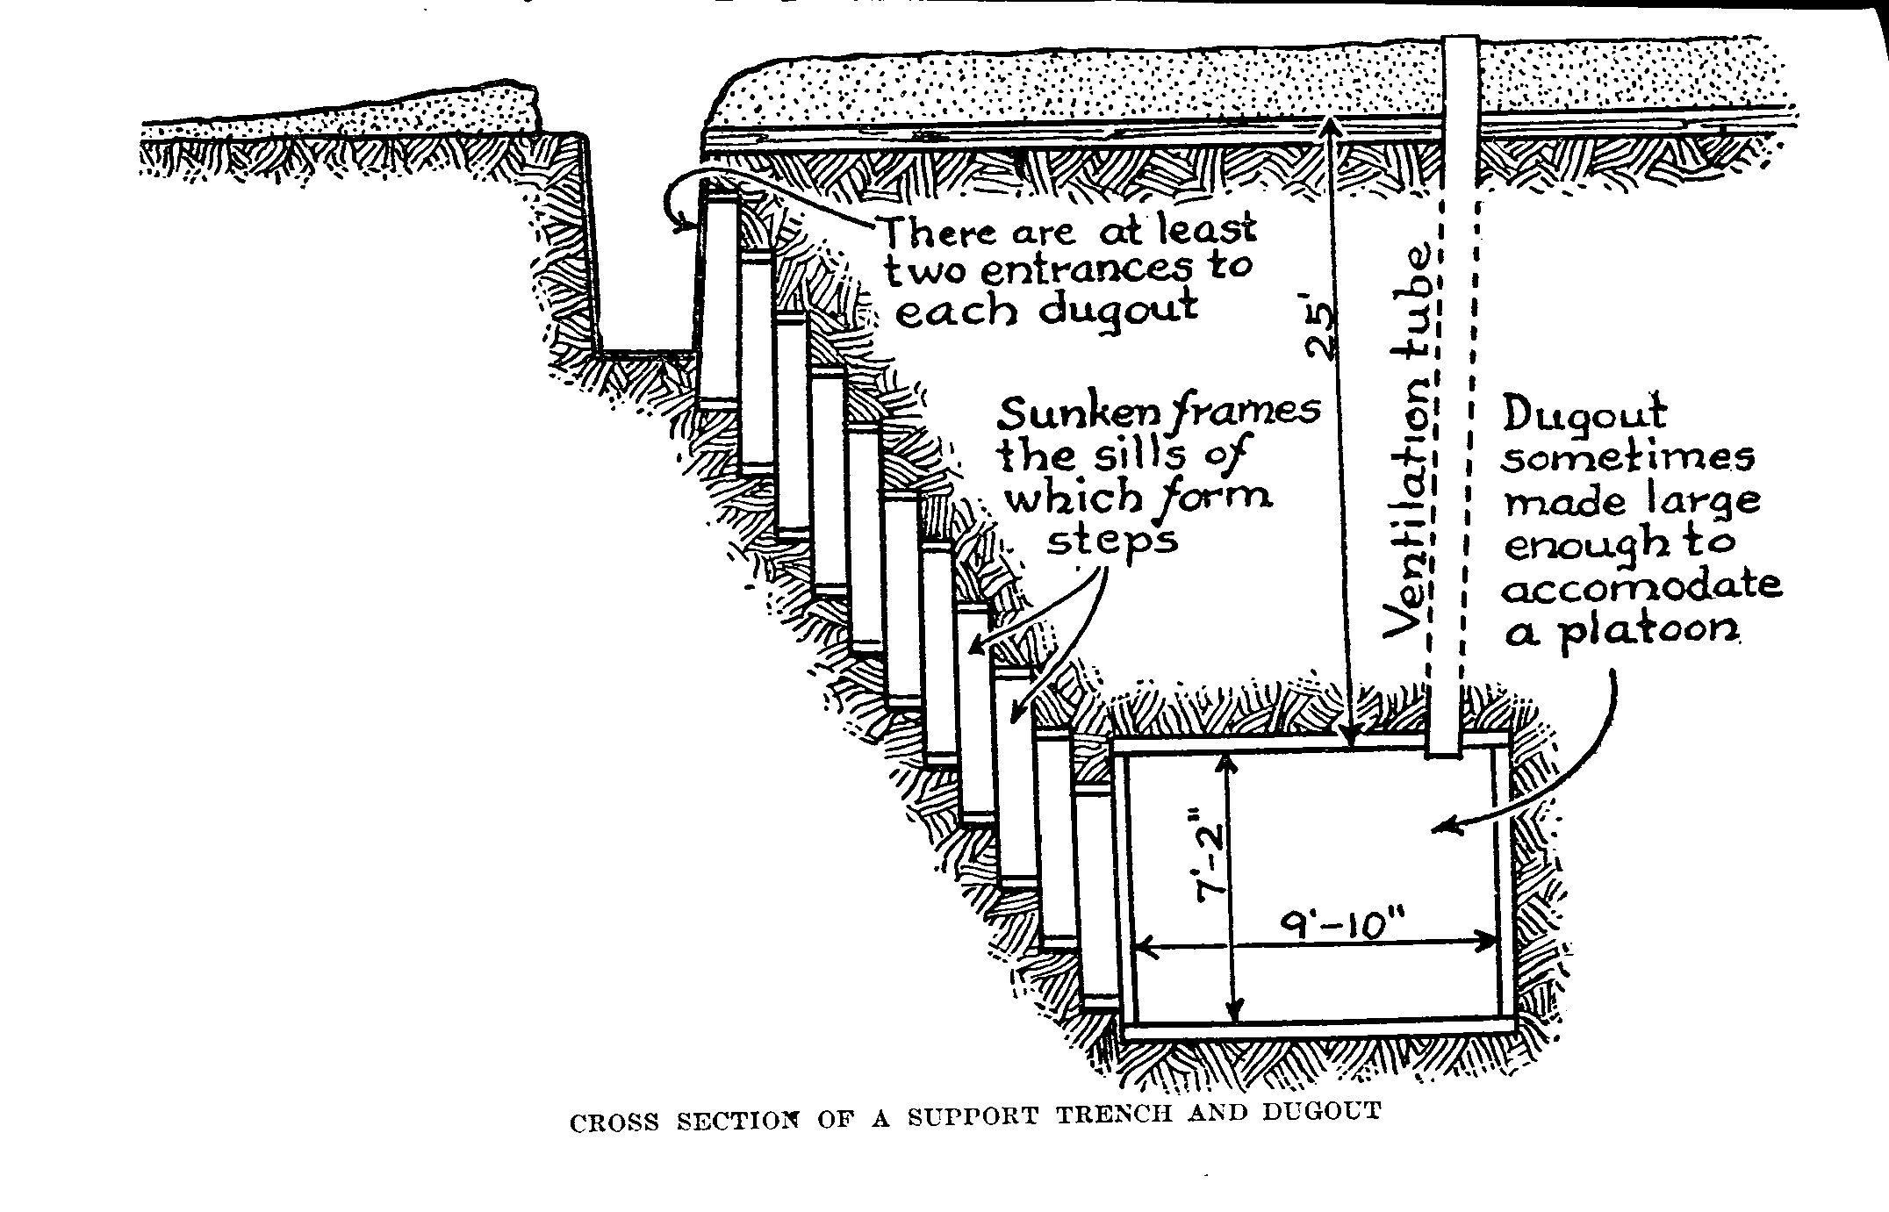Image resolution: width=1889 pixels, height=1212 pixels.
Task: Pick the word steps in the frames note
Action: click(x=1113, y=539)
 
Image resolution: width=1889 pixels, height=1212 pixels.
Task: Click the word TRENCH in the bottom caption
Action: click(x=1114, y=1115)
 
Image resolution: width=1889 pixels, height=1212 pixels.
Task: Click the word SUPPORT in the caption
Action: click(x=973, y=1117)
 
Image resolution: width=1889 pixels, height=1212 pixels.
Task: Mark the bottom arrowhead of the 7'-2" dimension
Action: click(x=1237, y=1015)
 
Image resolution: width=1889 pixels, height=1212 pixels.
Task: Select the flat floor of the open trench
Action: click(x=645, y=355)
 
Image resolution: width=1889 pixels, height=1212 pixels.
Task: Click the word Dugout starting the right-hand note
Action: click(x=1584, y=413)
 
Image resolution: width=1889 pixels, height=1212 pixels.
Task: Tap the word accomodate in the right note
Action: click(x=1641, y=586)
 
